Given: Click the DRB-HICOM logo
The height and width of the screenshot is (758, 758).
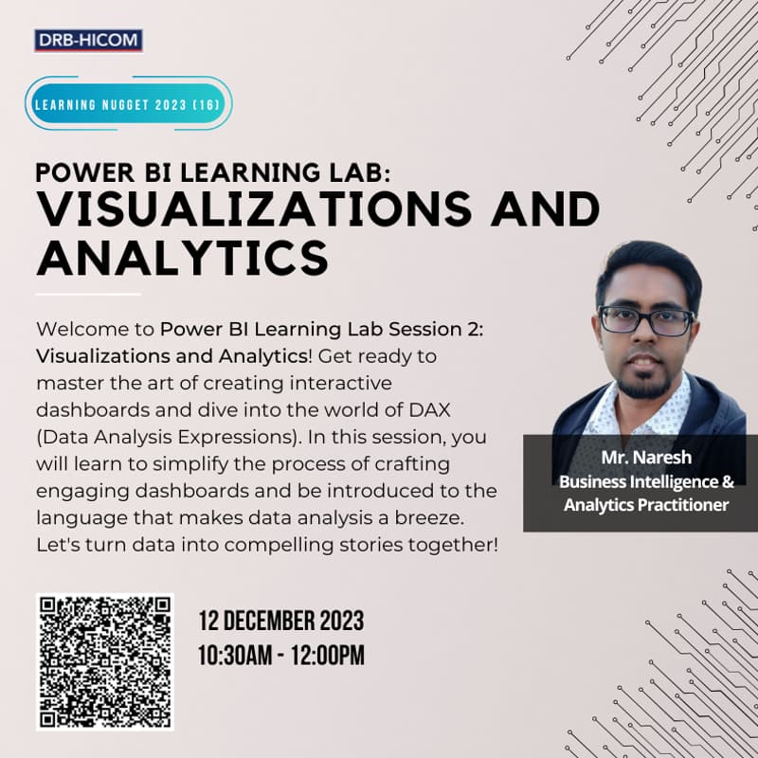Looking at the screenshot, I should [88, 41].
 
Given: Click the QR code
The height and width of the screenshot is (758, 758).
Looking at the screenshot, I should [105, 661].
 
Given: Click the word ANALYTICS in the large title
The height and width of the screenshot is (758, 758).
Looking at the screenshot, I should [182, 257].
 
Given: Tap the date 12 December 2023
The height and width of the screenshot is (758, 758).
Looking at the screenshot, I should [280, 623].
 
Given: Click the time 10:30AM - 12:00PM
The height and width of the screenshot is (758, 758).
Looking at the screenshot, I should [280, 655].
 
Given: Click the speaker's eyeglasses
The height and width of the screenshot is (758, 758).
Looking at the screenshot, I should [646, 320].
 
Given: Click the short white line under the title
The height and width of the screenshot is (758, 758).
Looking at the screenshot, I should [88, 294].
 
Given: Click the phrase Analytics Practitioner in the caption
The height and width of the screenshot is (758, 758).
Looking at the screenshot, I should [645, 504].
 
